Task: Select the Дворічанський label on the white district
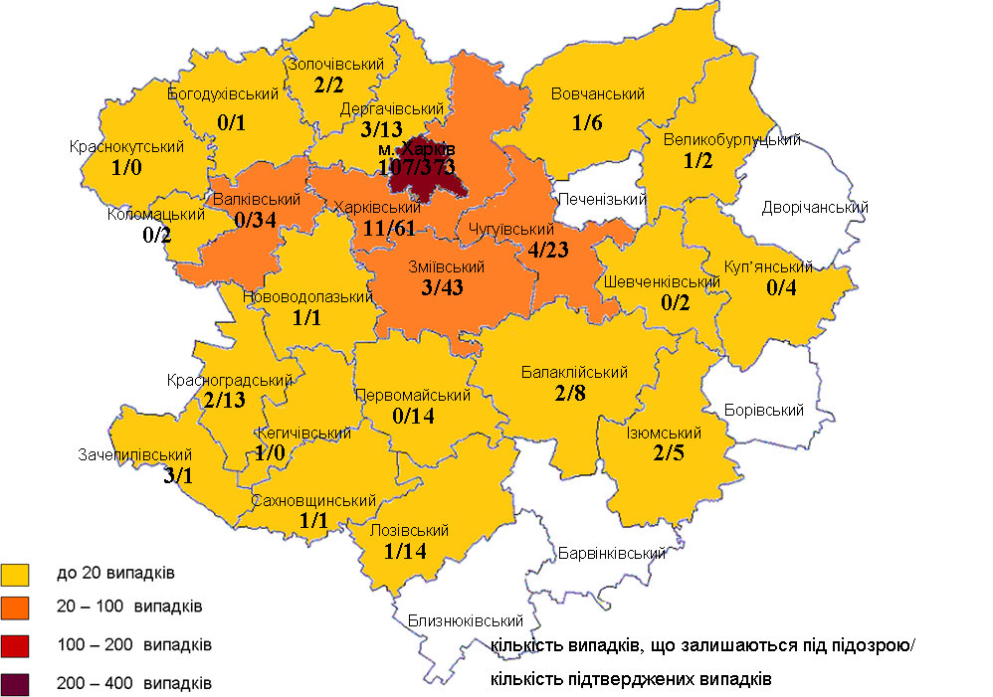814,208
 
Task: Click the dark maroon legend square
17,684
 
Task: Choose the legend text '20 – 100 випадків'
130,606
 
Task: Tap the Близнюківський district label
466,621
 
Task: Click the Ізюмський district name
664,434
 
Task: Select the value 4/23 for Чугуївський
549,250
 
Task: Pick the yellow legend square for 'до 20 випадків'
17,574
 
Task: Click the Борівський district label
764,410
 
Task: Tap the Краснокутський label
127,147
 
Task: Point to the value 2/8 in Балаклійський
574,393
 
